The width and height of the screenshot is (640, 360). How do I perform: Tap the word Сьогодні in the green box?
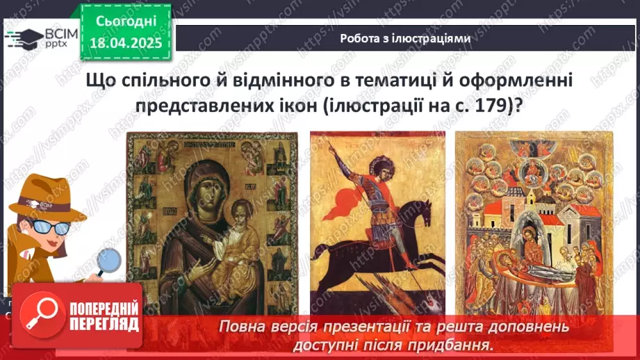pyautogui.click(x=125, y=22)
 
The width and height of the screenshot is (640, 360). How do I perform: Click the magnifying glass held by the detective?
pyautogui.click(x=108, y=263)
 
